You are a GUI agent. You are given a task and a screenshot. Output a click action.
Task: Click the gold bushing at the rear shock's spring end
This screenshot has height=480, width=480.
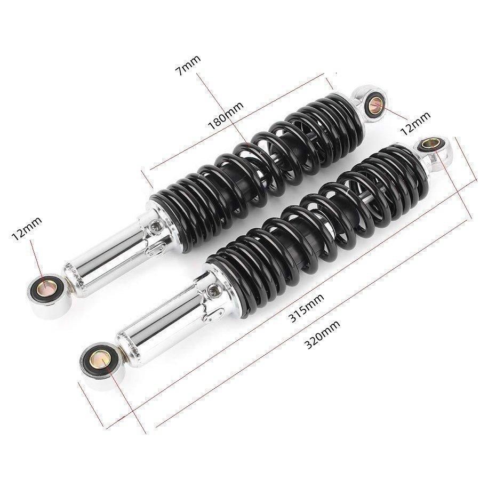(x=375, y=103)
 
